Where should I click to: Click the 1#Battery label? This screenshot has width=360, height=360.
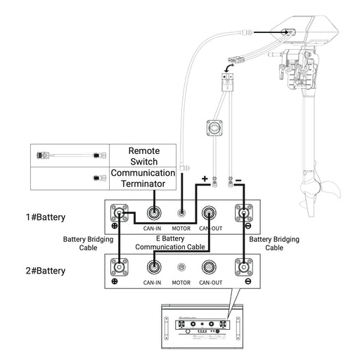(x=46, y=217)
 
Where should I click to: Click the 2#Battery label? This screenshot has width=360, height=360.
(x=46, y=271)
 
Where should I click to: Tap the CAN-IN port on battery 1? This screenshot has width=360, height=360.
(x=154, y=213)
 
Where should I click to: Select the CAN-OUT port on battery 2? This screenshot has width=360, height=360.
(x=209, y=267)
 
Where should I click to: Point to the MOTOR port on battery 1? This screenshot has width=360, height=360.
(x=181, y=213)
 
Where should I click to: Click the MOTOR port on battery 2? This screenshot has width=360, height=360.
(x=181, y=267)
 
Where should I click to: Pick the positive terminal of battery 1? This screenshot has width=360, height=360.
(x=120, y=213)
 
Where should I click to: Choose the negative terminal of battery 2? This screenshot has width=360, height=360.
(x=244, y=267)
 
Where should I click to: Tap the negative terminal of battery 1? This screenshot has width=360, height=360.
(x=244, y=213)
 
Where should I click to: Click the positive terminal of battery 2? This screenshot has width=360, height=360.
(x=120, y=267)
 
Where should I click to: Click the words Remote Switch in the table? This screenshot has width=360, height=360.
(x=144, y=156)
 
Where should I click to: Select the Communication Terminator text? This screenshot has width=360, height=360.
(x=143, y=179)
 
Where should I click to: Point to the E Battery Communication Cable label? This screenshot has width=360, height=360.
(x=170, y=243)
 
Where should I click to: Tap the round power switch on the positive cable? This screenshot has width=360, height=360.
(x=214, y=128)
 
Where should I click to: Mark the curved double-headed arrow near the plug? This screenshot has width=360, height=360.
(x=229, y=68)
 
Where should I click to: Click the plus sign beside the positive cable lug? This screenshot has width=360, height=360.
(x=205, y=179)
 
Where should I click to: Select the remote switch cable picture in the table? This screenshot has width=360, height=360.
(x=72, y=155)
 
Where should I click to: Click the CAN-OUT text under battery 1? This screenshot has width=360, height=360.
(x=210, y=229)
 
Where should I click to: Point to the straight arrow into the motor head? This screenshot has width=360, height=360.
(x=273, y=32)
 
